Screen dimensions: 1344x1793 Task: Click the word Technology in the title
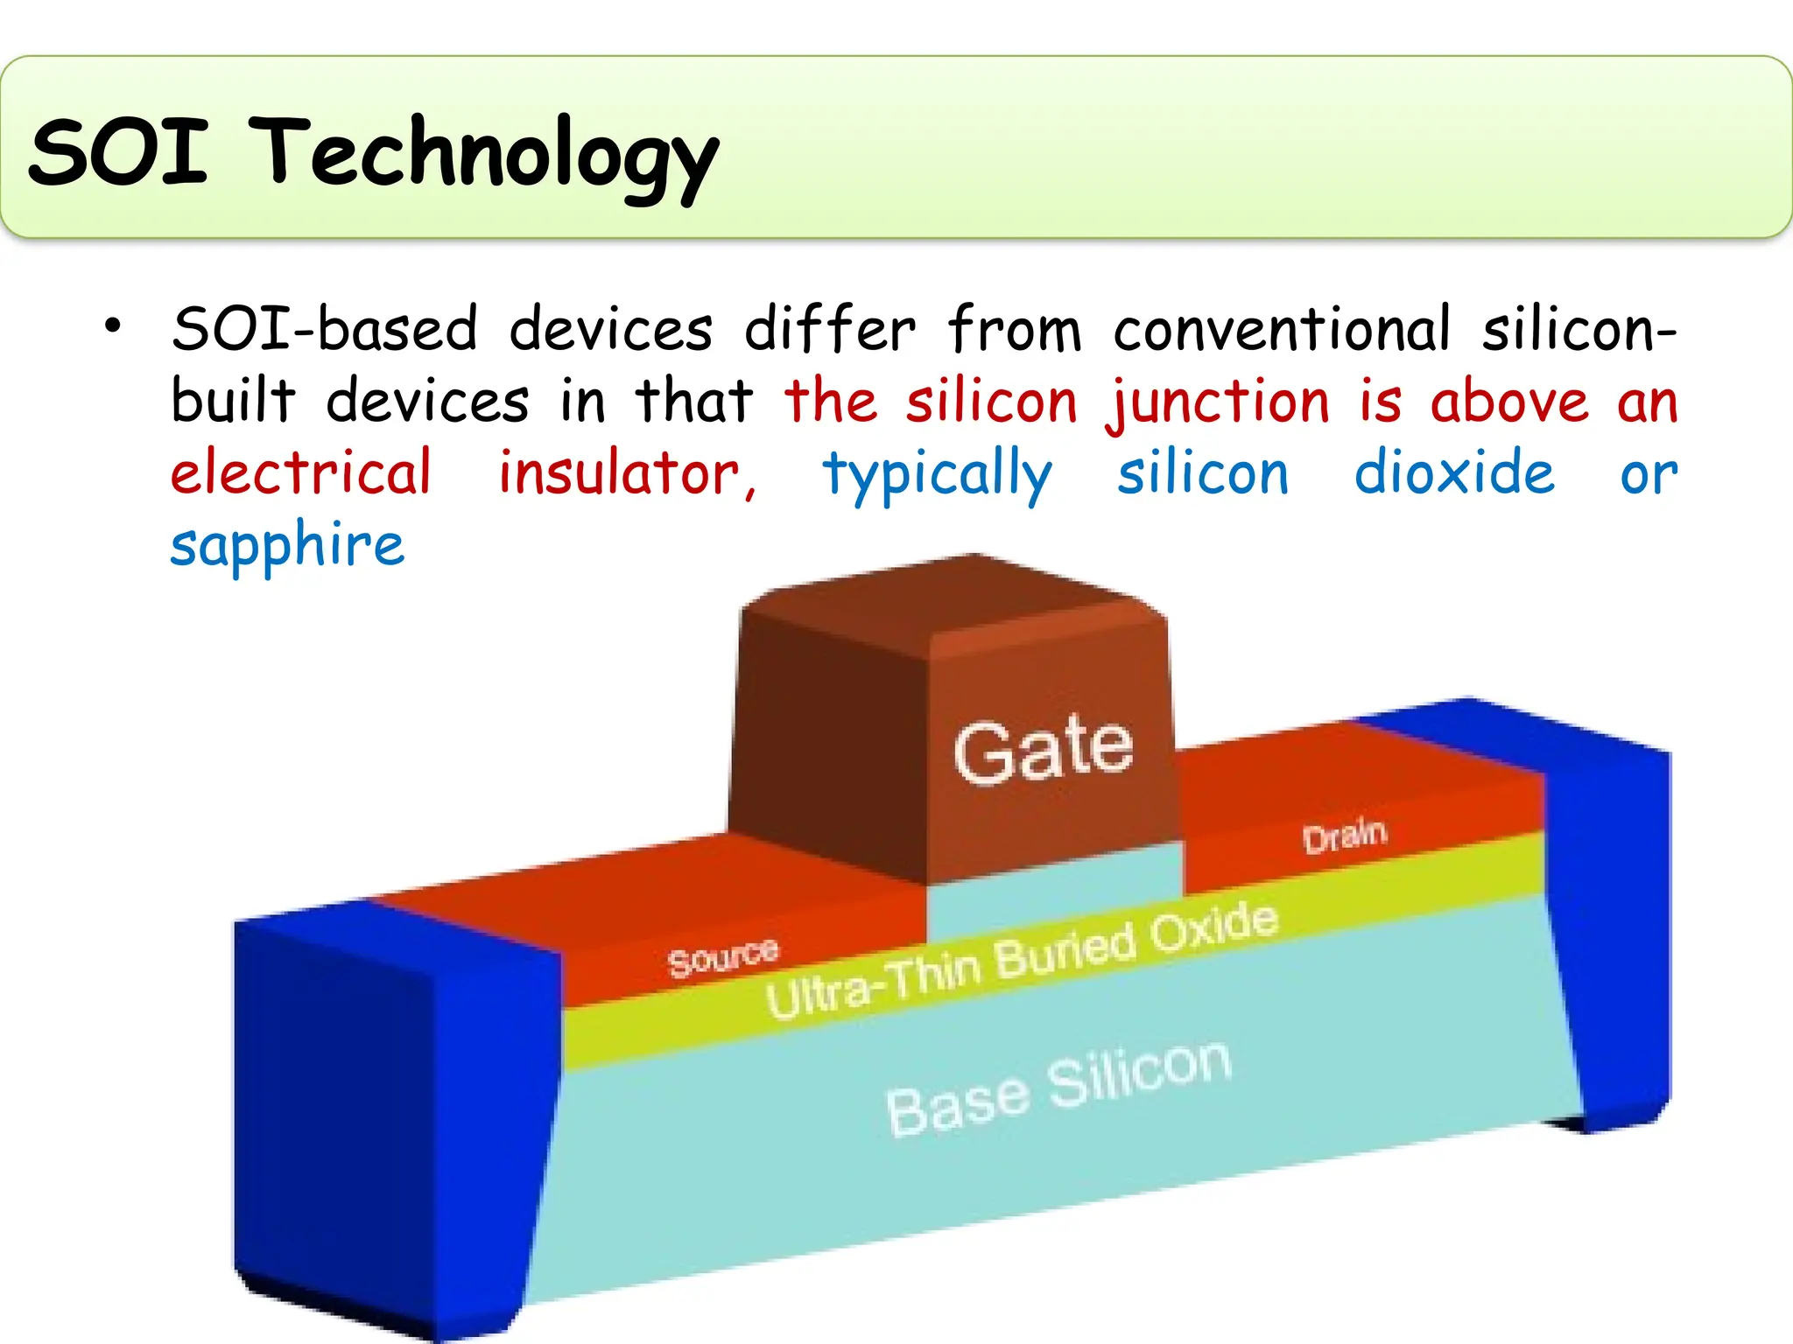pos(488,155)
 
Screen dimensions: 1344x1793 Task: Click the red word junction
pos(1220,403)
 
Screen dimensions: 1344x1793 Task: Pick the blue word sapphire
pos(287,546)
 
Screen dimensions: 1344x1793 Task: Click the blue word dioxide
pos(1454,473)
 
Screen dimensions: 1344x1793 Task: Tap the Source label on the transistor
pos(722,958)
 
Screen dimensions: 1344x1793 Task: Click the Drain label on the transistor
pos(1345,836)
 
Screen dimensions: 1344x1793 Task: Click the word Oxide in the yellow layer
pos(1213,930)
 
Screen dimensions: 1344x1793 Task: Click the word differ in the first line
pos(829,330)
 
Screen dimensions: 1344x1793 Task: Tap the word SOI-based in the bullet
pos(325,330)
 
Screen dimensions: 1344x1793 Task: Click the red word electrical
pos(301,473)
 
